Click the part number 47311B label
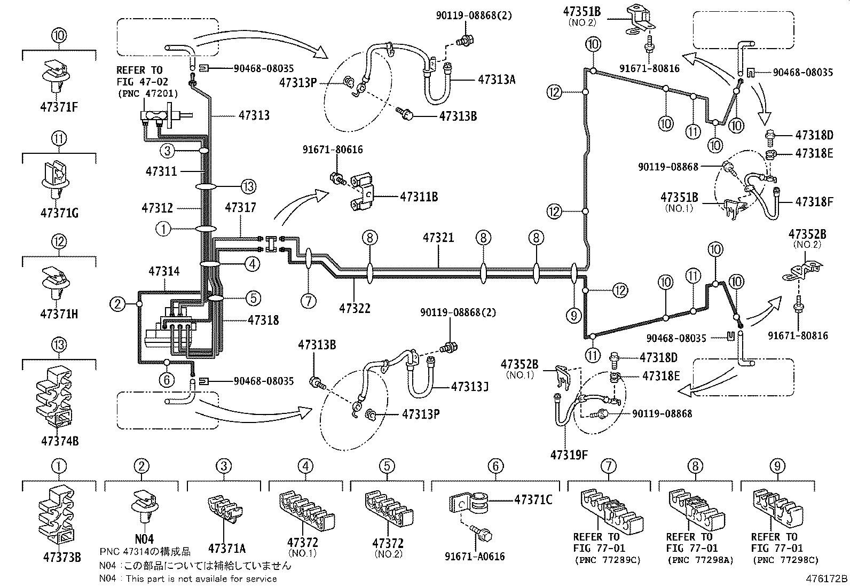tap(419, 197)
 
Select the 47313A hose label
tap(497, 80)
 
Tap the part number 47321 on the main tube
tap(438, 237)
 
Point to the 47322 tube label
tap(355, 308)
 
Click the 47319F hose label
tap(569, 455)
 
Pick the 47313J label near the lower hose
tap(470, 386)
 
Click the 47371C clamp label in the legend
tap(533, 499)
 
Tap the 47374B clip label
tap(59, 441)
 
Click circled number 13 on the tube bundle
tap(248, 186)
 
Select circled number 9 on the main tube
tap(574, 316)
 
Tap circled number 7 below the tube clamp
tap(308, 301)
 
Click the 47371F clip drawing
tap(59, 75)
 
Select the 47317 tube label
tap(240, 208)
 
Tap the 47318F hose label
tap(814, 202)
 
